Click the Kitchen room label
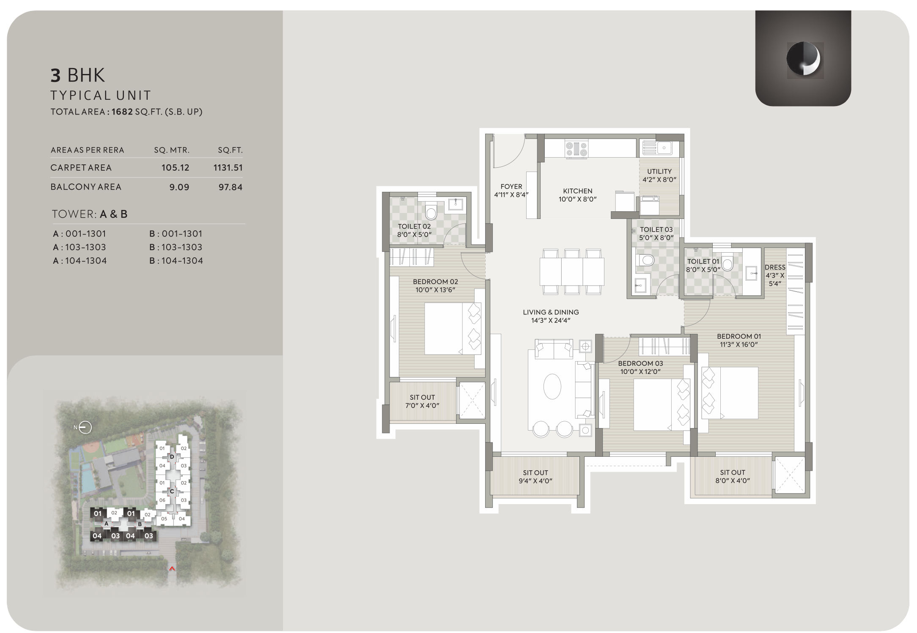(x=577, y=195)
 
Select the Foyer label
(x=511, y=190)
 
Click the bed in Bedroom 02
(x=453, y=328)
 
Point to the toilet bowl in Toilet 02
(x=431, y=211)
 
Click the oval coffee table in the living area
(x=552, y=386)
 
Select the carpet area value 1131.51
(x=228, y=168)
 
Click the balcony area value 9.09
(x=179, y=187)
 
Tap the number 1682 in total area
(x=122, y=112)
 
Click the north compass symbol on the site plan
(x=85, y=428)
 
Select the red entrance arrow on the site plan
(x=172, y=569)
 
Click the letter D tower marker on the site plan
(x=172, y=457)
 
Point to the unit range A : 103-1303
(x=80, y=247)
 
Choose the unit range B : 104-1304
(x=176, y=261)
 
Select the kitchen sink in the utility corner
(x=664, y=148)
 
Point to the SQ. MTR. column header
(x=172, y=150)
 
